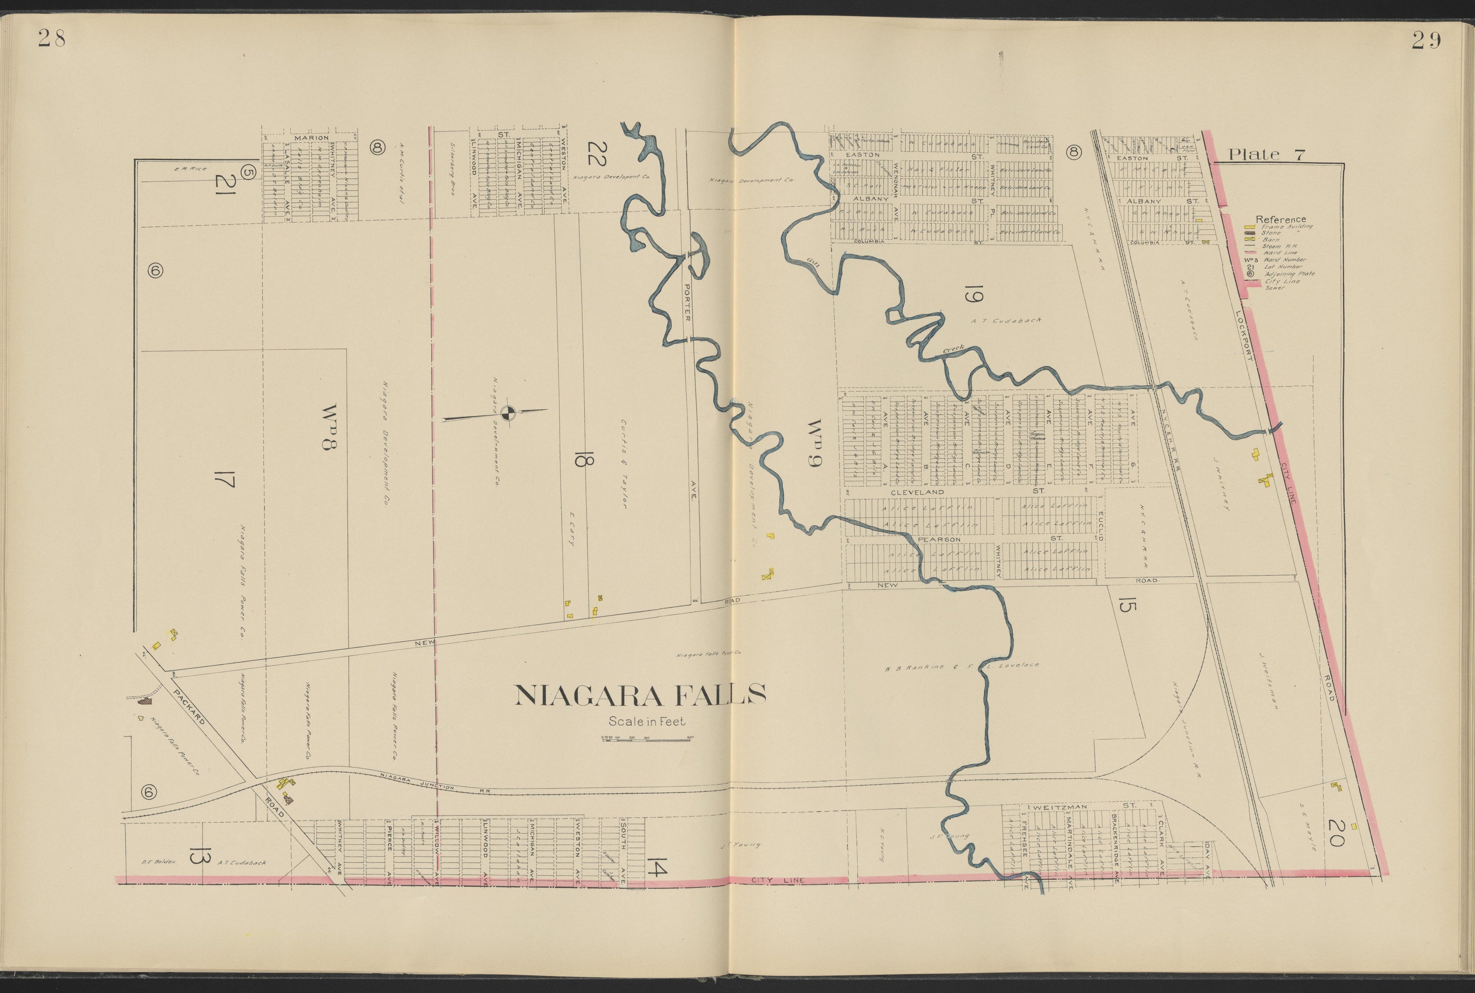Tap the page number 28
51,39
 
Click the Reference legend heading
1280,219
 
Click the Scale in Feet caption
646,721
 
